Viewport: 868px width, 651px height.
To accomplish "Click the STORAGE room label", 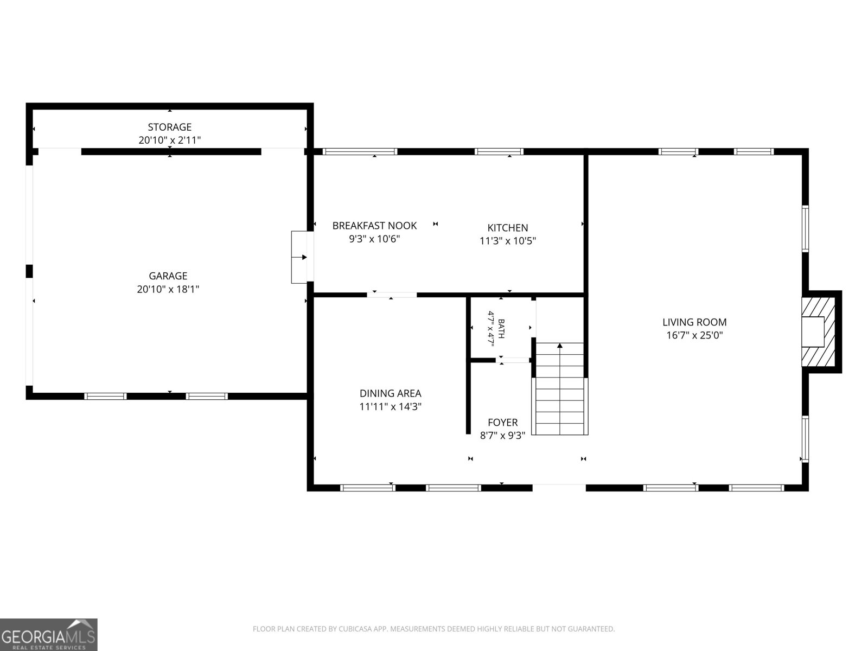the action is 170,127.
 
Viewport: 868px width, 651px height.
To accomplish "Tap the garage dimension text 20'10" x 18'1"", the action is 168,289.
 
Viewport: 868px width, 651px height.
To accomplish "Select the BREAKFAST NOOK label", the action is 374,226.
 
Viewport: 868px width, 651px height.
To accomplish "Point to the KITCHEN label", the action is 508,228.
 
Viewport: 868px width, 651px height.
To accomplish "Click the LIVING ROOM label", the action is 694,322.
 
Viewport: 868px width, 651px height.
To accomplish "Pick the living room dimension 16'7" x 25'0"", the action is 694,335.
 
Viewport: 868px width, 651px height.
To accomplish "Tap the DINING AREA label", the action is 390,393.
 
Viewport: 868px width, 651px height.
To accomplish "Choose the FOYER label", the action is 502,423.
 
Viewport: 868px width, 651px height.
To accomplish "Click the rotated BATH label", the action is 501,328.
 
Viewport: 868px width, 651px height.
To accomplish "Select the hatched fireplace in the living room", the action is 819,332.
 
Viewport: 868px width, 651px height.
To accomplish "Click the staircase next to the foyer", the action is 559,389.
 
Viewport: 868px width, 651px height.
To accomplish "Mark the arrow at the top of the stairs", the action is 559,346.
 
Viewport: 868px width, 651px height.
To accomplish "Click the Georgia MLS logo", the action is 49,634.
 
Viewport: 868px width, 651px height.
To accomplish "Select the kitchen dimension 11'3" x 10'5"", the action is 508,241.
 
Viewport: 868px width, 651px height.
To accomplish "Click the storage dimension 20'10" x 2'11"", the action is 170,140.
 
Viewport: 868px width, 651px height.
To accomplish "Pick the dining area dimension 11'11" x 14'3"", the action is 390,406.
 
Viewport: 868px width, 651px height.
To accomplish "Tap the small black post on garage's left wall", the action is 29,271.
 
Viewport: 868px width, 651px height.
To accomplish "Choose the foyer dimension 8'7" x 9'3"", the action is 502,436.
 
